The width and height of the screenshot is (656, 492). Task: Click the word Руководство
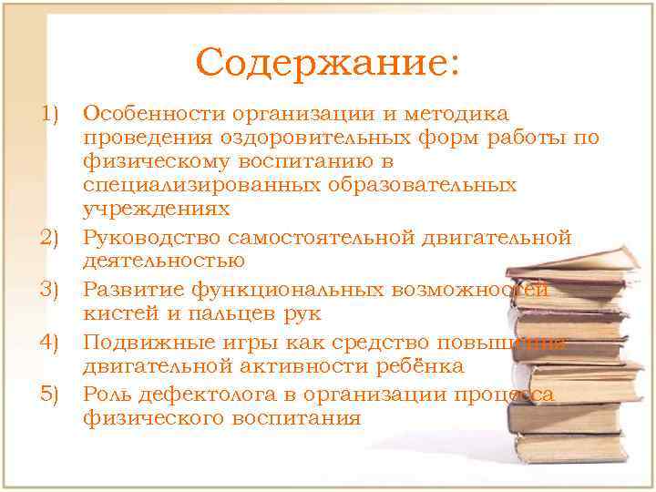(156, 239)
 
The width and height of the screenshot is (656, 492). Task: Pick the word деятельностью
(164, 262)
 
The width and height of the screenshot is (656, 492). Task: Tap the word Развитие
(133, 291)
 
